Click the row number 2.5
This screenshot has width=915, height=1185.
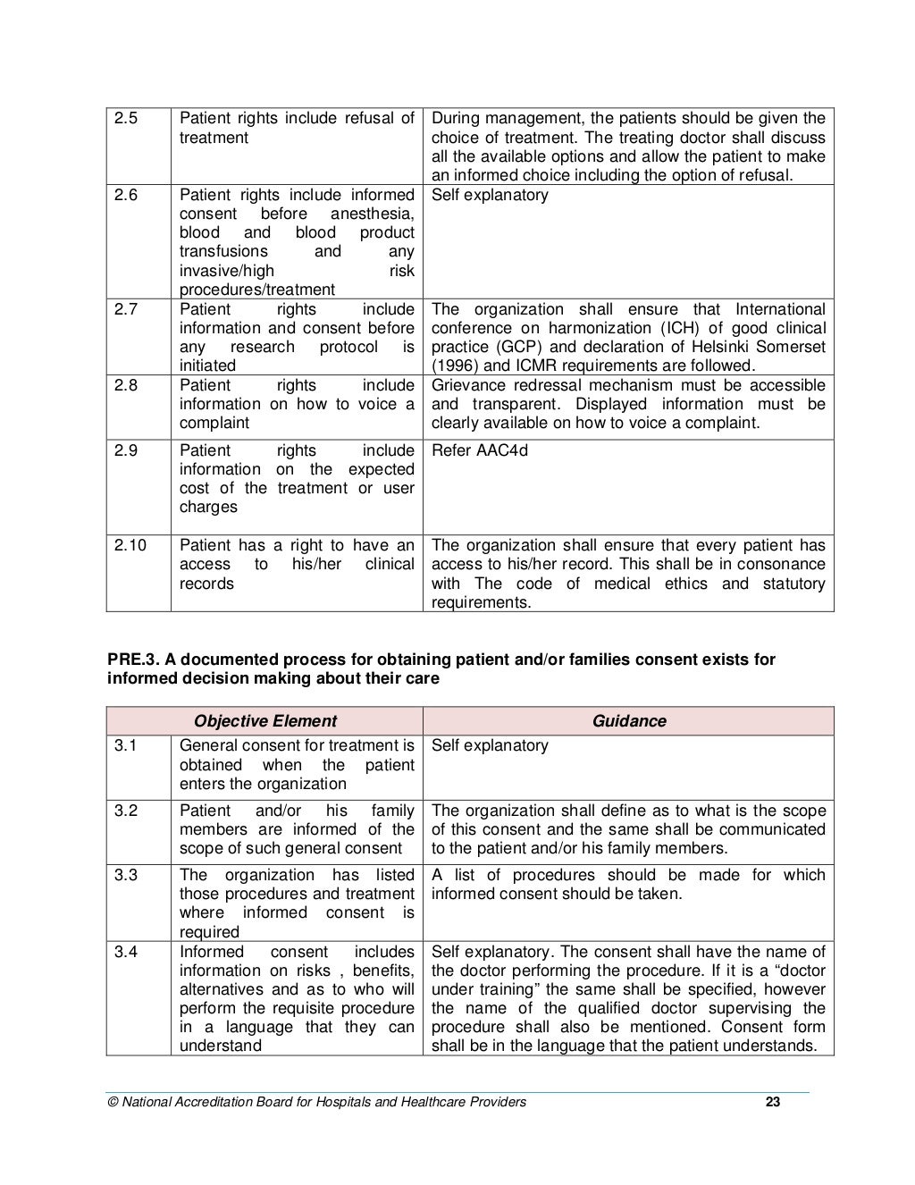[126, 119]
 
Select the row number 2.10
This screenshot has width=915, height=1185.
[130, 545]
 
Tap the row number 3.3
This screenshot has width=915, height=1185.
[126, 875]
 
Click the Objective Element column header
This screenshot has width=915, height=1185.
[265, 721]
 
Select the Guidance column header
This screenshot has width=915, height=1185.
[629, 721]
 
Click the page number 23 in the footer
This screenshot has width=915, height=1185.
[773, 1102]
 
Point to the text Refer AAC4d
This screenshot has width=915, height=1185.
[480, 450]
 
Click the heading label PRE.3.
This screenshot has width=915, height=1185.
[133, 660]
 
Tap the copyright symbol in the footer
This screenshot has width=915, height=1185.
[112, 1102]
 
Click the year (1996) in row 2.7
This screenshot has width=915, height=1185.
[456, 366]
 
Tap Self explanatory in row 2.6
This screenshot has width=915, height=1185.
[490, 195]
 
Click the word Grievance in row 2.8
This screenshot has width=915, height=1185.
[467, 385]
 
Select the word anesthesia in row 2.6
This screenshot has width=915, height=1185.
[372, 214]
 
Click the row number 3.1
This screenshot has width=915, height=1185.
[126, 745]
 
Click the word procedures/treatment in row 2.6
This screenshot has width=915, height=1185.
[257, 290]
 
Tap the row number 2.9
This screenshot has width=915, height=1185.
[126, 450]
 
